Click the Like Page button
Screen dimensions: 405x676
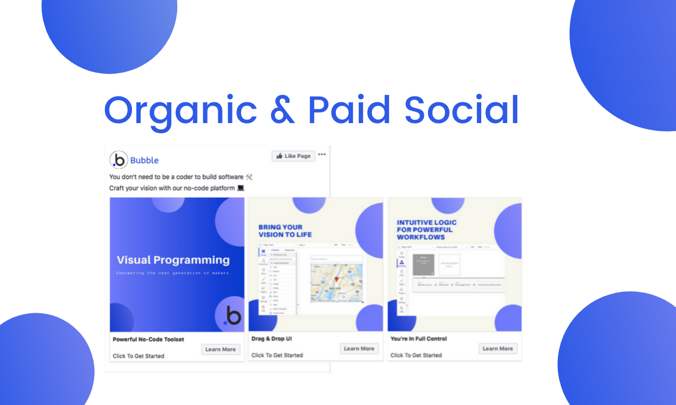coord(293,156)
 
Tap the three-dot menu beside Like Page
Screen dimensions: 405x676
coord(321,155)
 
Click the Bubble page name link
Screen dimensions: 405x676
coord(144,160)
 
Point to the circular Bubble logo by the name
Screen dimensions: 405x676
coord(119,160)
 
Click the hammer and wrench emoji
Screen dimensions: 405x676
coord(249,177)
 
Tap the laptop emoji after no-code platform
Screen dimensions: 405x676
coord(240,188)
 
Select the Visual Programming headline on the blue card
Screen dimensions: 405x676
coord(173,260)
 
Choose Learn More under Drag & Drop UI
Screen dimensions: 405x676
coord(359,349)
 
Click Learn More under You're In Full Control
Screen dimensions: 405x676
coord(498,349)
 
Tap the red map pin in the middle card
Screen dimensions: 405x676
coord(336,280)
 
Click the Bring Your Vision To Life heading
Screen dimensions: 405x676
coord(285,231)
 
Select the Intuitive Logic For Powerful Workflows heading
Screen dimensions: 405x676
coord(427,230)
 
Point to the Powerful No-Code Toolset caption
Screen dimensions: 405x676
coord(149,339)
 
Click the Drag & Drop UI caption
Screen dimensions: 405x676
coord(271,338)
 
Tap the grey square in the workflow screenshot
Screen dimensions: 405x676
coord(424,264)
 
